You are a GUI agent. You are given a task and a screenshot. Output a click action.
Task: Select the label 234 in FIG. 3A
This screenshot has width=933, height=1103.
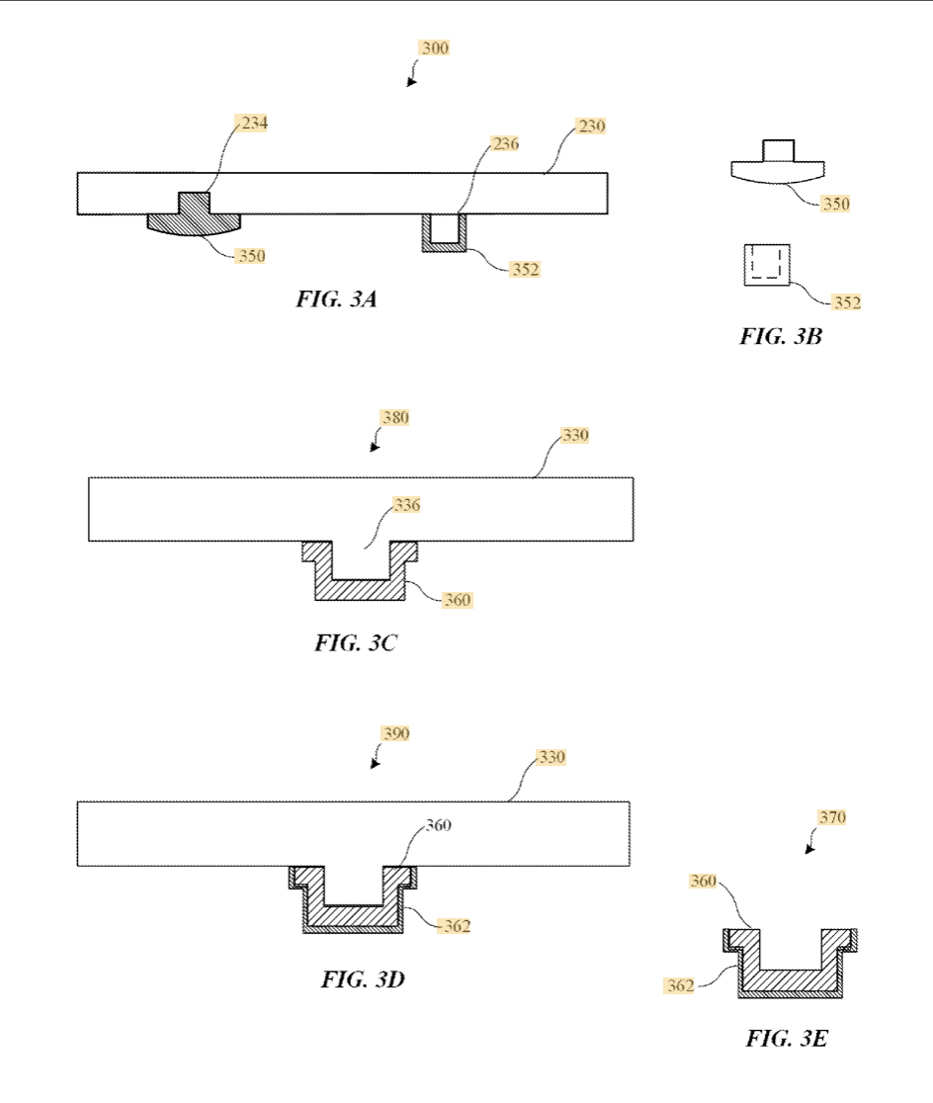pos(253,124)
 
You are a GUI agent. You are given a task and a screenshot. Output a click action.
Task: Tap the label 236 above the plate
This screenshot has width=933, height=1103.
pos(505,144)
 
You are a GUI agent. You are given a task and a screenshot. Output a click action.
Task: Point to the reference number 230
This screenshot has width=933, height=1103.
pos(591,127)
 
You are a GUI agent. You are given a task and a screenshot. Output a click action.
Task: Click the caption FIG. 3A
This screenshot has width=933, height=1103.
pos(336,299)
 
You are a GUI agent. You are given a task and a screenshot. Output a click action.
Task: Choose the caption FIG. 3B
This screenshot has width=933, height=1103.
pos(781,336)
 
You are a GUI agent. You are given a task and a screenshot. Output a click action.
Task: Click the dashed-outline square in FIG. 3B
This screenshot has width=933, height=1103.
pos(767,263)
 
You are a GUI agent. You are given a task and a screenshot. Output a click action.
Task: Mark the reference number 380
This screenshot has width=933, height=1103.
pos(395,418)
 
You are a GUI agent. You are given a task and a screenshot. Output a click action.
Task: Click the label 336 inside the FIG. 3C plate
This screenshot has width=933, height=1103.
pos(407,505)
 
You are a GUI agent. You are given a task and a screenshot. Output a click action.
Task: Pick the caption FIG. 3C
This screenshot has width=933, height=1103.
pos(356,642)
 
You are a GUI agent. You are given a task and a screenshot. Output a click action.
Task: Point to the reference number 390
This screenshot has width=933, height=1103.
pos(395,734)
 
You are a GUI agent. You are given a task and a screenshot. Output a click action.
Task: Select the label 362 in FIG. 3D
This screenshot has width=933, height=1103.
pos(456,926)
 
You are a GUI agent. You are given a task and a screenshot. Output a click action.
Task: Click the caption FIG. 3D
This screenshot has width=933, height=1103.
pos(363,979)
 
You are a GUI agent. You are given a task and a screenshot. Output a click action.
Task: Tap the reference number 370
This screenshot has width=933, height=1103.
pos(832,818)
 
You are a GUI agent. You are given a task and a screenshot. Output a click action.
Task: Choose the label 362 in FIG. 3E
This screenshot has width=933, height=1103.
pos(678,984)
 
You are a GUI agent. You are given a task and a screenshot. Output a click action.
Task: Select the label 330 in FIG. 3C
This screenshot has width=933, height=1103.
pos(575,436)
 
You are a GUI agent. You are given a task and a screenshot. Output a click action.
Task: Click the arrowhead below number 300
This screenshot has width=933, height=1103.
pos(410,83)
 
